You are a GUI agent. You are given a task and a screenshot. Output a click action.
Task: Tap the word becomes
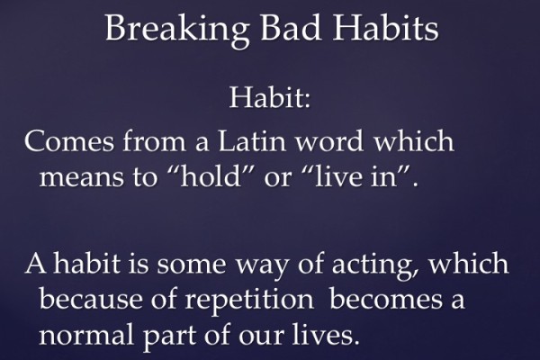click(x=386, y=300)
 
